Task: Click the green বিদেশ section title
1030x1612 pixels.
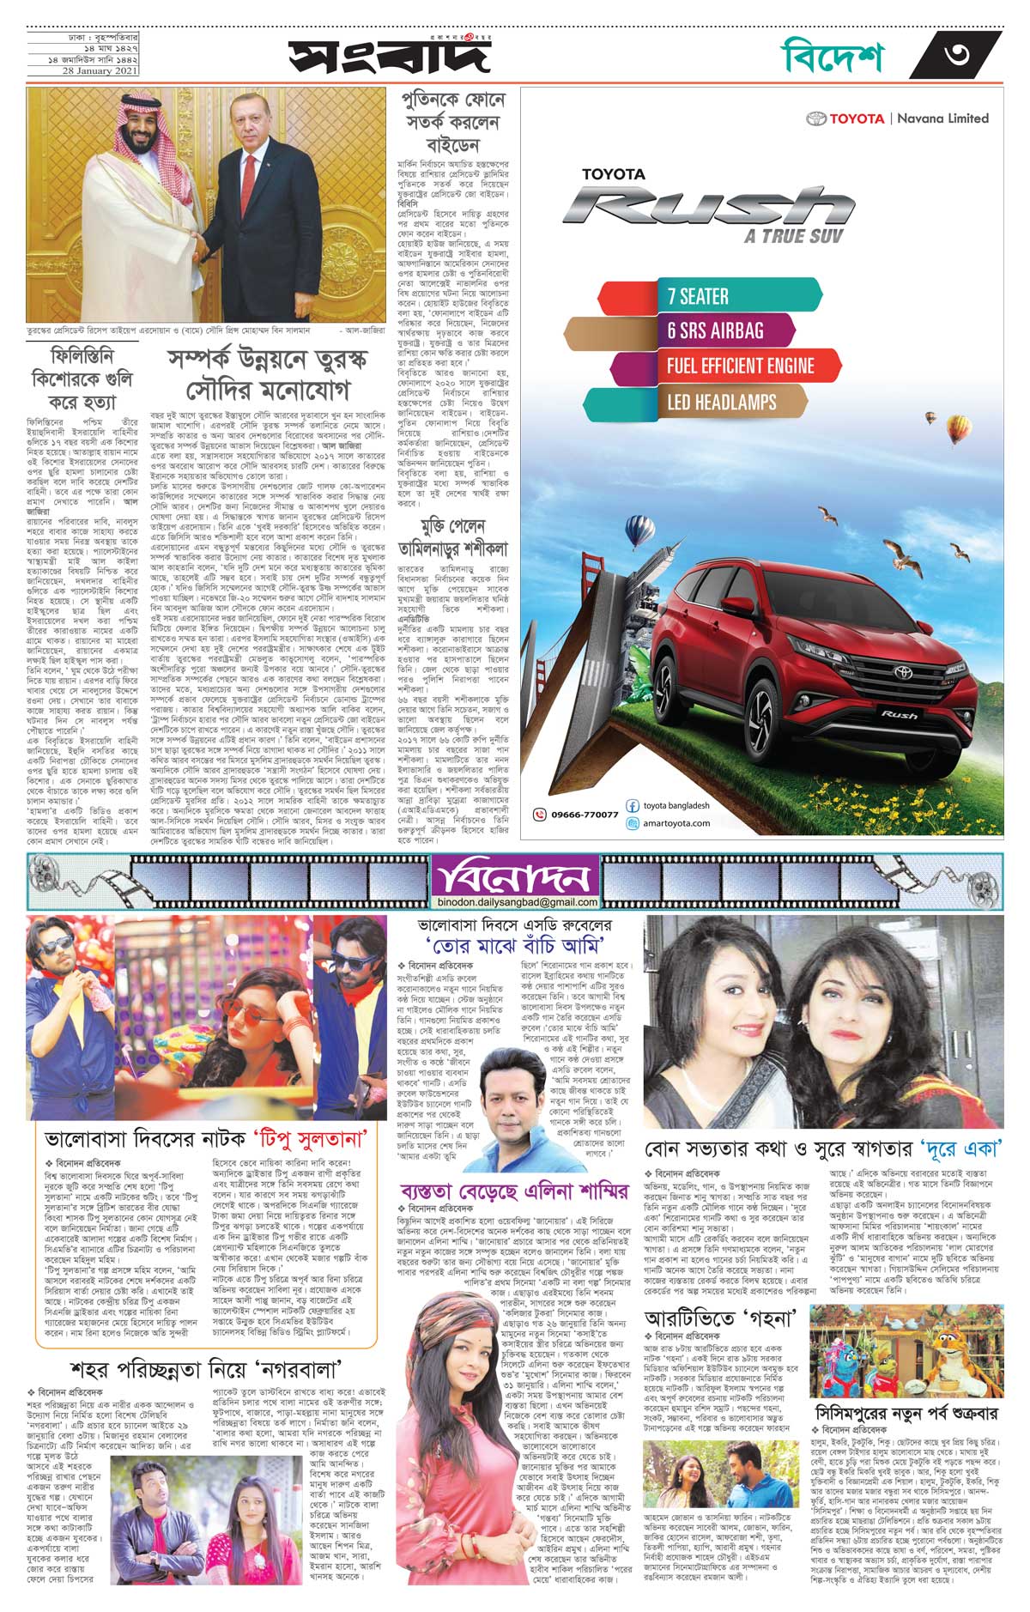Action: (832, 57)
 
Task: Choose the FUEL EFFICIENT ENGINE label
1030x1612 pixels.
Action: (739, 367)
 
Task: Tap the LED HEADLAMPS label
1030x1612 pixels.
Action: (721, 402)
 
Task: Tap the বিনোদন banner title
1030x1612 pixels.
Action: (513, 877)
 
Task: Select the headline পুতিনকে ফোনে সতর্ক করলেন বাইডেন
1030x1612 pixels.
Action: (453, 122)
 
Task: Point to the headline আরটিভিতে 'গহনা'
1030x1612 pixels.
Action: (721, 1317)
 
